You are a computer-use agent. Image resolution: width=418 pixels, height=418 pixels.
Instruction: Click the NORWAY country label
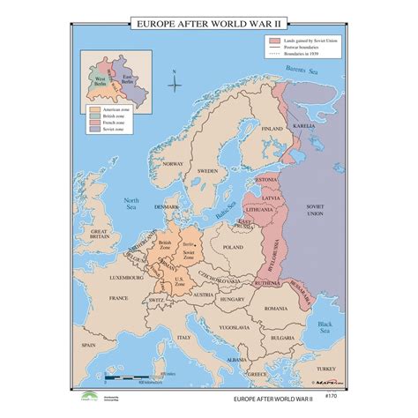(x=175, y=165)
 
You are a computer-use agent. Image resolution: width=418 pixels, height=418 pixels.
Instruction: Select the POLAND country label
(x=234, y=224)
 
